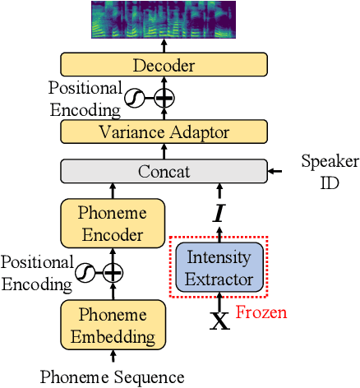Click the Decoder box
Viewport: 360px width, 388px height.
pyautogui.click(x=164, y=65)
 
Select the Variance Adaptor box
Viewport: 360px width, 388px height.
pyautogui.click(x=164, y=132)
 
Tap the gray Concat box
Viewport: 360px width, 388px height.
pyautogui.click(x=164, y=172)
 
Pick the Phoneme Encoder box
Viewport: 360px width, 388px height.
pyautogui.click(x=113, y=223)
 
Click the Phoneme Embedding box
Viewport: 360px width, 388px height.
pyautogui.click(x=113, y=326)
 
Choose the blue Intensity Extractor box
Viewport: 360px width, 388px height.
pyautogui.click(x=219, y=268)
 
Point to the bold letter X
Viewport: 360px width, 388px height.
pyautogui.click(x=219, y=321)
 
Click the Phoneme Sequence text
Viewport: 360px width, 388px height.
pyautogui.click(x=113, y=377)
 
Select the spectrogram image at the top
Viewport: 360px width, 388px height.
pyautogui.click(x=164, y=20)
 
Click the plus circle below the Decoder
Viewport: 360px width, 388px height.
pyautogui.click(x=164, y=98)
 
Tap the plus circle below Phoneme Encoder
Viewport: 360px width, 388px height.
pyautogui.click(x=113, y=272)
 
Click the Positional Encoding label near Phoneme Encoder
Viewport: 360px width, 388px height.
pyautogui.click(x=35, y=272)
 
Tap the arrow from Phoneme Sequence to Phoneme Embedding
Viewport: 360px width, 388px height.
pyautogui.click(x=113, y=358)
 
